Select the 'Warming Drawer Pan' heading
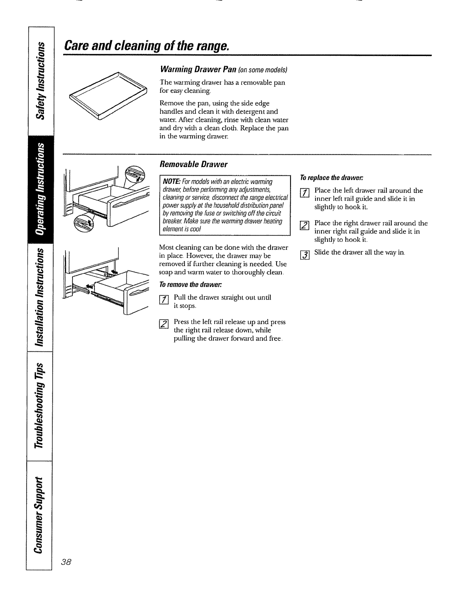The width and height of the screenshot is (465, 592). (x=192, y=70)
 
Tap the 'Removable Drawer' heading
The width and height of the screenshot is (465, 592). (x=193, y=164)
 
